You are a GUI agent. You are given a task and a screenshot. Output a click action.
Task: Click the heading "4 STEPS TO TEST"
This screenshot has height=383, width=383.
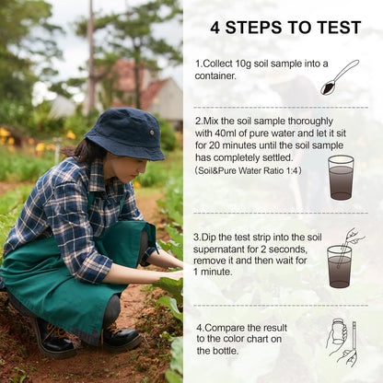click(x=285, y=27)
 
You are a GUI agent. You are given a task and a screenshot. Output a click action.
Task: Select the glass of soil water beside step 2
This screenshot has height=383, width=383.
click(x=341, y=177)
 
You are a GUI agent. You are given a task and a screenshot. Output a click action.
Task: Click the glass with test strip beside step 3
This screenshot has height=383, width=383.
click(x=340, y=263)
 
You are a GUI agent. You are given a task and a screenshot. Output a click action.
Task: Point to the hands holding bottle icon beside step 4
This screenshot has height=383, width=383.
click(x=342, y=342)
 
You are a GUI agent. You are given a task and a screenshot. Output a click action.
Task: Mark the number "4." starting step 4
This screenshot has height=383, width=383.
click(x=200, y=327)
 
